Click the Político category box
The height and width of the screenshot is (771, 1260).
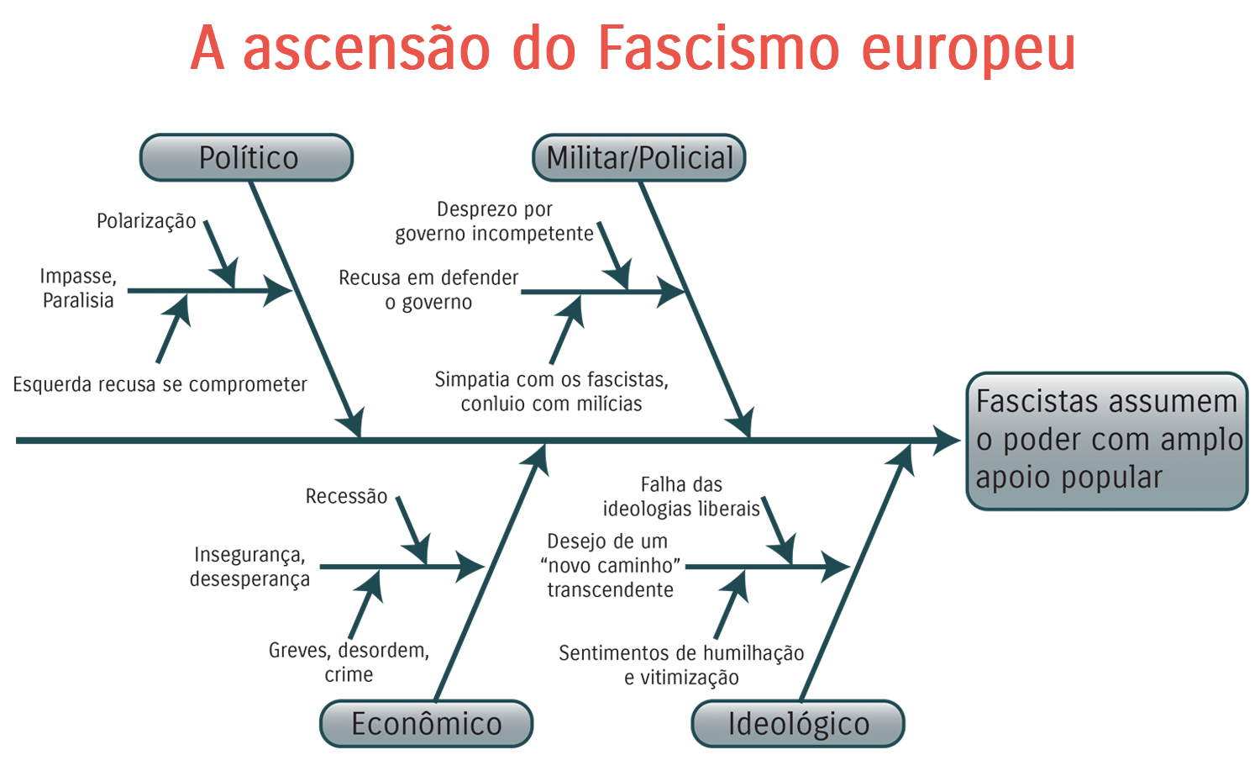pos(246,158)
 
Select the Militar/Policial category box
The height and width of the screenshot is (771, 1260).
pos(639,158)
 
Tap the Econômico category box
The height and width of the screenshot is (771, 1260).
pos(426,724)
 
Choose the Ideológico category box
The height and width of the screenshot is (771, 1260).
pos(798,724)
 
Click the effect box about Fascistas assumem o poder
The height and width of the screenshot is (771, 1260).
pos(1107,441)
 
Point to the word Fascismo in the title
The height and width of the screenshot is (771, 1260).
pos(718,48)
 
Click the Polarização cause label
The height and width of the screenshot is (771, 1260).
pos(146,221)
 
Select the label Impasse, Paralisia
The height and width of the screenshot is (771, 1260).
pos(78,288)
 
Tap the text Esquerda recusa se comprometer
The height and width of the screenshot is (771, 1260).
pos(160,384)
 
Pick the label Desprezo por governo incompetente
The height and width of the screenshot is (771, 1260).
pos(494,222)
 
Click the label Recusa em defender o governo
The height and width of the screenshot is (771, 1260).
pos(428,290)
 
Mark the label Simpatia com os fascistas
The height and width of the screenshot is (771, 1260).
pos(551,392)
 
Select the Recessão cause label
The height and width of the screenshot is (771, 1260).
pos(346,496)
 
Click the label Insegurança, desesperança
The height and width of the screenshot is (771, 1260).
pos(249,567)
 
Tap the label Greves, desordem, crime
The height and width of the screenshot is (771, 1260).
pos(349,663)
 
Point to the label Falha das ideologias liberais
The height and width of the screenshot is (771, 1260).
pos(681,497)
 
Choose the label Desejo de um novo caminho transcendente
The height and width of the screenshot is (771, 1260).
pos(611,566)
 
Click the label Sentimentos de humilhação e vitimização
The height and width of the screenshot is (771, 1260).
pos(681,665)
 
